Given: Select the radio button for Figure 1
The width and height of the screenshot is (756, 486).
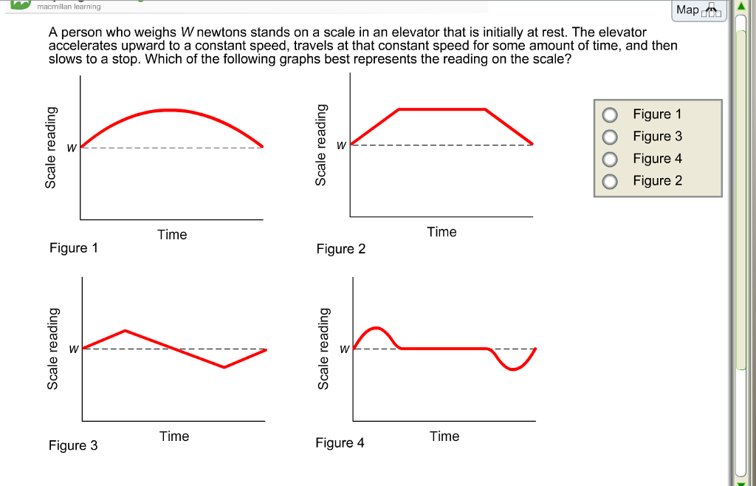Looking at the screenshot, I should coord(611,114).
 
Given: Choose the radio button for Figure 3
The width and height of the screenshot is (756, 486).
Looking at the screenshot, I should coord(611,137).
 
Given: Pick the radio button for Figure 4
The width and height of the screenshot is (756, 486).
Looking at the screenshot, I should coord(611,159).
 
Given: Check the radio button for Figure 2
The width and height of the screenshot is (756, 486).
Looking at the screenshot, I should coord(611,181).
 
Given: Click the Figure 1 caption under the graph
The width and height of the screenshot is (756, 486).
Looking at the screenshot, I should coord(73,248).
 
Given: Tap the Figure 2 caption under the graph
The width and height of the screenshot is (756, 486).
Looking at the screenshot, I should coord(340,249).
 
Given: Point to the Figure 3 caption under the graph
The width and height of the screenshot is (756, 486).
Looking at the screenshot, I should coord(73,445).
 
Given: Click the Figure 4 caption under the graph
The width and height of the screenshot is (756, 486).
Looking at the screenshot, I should coord(340,443).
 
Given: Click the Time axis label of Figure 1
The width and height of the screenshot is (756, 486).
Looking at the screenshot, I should coord(172,235).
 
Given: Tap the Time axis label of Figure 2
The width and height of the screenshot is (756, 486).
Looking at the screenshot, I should coord(441,232).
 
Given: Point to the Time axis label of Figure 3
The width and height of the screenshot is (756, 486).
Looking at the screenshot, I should coord(174,437).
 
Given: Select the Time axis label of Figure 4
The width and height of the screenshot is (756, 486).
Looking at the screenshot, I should coord(444,437).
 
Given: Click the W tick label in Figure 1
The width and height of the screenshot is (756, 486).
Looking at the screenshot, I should coord(72,148).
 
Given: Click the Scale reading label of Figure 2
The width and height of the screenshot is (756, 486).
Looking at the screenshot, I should coord(321,144).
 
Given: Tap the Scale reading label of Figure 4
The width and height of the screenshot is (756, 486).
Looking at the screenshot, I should coord(323,348).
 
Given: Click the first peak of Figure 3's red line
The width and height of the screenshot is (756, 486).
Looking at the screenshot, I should coord(126,330).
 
